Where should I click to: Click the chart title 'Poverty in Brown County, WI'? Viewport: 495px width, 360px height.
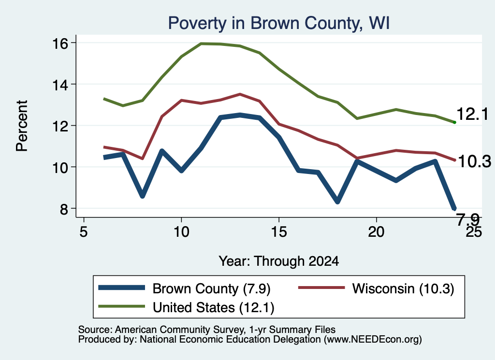(x=279, y=23)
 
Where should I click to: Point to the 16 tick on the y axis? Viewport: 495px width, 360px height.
(x=59, y=43)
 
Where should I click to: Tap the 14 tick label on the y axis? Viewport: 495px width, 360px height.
(x=59, y=85)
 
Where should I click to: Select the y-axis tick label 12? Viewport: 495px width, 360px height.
(x=59, y=126)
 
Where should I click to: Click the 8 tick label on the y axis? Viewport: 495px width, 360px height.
(x=64, y=209)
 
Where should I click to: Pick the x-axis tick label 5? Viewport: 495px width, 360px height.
(x=83, y=232)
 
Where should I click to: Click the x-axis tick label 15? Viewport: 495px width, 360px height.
(x=279, y=232)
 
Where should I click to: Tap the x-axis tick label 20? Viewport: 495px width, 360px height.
(x=376, y=232)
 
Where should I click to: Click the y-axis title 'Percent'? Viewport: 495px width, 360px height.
(x=22, y=126)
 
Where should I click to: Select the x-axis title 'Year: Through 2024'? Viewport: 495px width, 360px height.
(x=279, y=261)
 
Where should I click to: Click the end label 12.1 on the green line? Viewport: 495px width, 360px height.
(x=473, y=114)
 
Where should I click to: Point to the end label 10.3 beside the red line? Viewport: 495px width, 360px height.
(x=474, y=161)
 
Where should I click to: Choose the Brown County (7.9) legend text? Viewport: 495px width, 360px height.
(x=212, y=288)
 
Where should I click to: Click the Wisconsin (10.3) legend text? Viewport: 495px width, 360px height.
(x=403, y=288)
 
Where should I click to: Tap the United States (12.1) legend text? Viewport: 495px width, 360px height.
(x=213, y=307)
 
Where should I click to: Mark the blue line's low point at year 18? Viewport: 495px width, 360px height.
(x=337, y=201)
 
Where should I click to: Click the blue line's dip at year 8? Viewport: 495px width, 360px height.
(x=143, y=196)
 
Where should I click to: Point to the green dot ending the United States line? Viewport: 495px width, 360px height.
(x=454, y=122)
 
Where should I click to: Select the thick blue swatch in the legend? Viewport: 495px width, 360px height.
(x=121, y=288)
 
